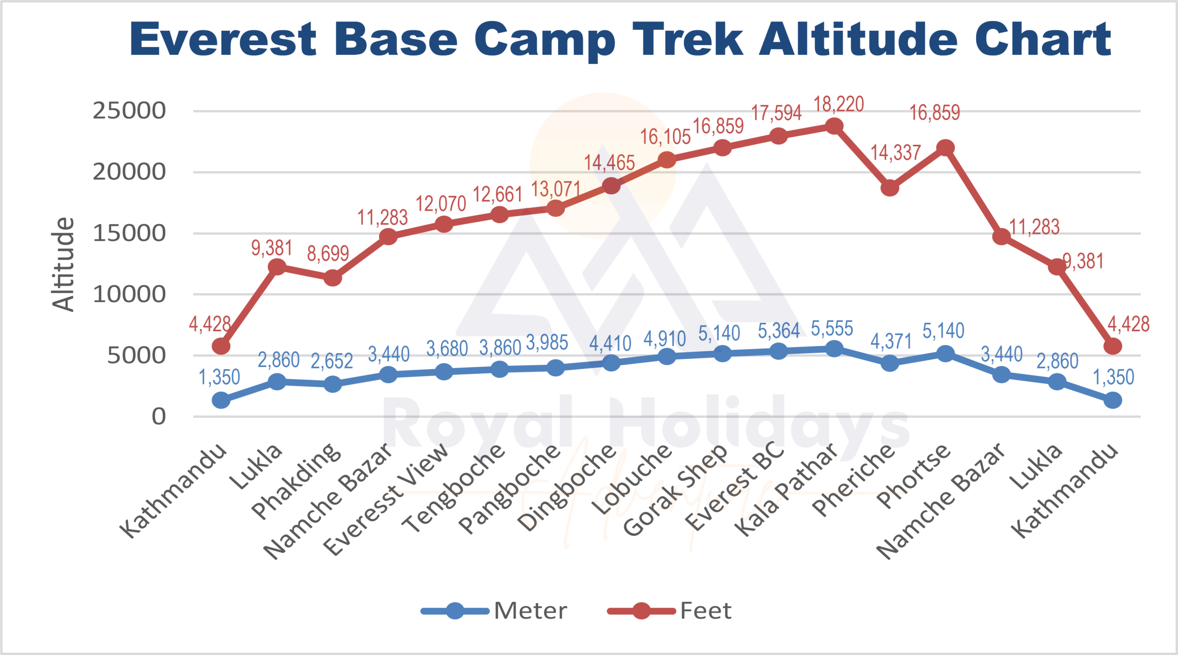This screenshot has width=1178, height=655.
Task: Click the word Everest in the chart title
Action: click(x=223, y=40)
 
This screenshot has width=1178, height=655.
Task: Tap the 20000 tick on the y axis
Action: click(x=129, y=172)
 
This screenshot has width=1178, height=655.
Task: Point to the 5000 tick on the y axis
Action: click(x=136, y=355)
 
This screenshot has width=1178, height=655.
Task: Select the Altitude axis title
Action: click(x=63, y=264)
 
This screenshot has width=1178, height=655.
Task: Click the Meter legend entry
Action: click(x=530, y=611)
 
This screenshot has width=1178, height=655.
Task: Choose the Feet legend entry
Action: click(x=705, y=611)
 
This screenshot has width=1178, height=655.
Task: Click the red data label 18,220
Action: click(x=838, y=104)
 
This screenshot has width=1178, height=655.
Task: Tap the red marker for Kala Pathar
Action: click(x=834, y=126)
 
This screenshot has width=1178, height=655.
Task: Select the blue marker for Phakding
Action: click(x=333, y=384)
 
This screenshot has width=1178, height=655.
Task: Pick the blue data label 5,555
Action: click(x=832, y=329)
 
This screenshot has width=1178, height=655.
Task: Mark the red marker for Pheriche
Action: click(x=890, y=188)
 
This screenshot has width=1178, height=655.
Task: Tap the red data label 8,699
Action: click(x=328, y=253)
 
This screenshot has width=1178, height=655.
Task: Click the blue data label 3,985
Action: click(x=547, y=343)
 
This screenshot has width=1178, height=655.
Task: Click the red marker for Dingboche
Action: click(x=611, y=186)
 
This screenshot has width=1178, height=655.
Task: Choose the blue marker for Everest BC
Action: click(x=778, y=351)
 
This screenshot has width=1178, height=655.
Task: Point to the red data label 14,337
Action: click(x=895, y=153)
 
